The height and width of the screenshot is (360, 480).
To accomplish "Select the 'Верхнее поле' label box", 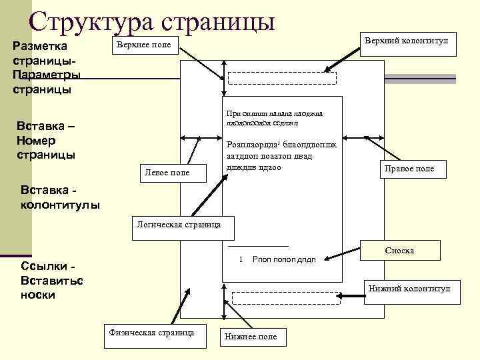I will click(144, 45).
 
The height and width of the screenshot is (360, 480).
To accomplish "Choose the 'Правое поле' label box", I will click(409, 169).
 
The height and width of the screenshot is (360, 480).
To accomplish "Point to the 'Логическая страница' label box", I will click(179, 226).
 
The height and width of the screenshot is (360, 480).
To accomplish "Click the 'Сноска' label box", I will click(399, 251).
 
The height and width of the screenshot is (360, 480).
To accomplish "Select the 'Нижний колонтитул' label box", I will click(409, 289).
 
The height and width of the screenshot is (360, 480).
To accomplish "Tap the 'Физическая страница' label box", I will click(153, 332).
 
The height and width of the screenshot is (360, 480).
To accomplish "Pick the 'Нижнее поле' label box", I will click(251, 337).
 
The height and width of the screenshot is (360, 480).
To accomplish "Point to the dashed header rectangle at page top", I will click(283, 77).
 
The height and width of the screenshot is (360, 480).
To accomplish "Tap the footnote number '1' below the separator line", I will click(240, 259).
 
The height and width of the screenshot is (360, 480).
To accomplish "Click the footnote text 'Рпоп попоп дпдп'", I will click(285, 259).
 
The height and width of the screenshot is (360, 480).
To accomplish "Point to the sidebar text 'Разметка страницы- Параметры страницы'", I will click(47, 67).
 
